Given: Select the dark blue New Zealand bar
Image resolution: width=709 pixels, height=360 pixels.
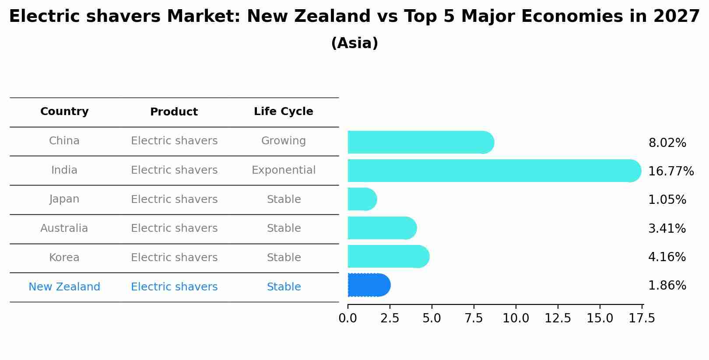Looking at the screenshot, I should point(368,285).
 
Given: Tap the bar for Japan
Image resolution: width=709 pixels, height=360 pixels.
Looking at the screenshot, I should point(362,199).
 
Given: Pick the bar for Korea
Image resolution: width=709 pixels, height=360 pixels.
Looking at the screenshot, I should point(387,257).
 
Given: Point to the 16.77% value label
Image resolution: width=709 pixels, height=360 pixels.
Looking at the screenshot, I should point(670,171).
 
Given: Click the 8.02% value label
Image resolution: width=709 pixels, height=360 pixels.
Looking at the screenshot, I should point(667,143).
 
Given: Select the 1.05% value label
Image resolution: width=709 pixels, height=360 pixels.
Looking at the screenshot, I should point(667,200).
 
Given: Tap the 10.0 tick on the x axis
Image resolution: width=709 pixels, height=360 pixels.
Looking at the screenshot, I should point(516,318).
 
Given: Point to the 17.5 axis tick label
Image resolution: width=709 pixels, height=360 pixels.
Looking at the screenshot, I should point(642,318).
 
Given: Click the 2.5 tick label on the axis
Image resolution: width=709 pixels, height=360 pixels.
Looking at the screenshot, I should point(390,318).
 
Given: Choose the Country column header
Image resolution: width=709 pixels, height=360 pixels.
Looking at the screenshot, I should point(64,112).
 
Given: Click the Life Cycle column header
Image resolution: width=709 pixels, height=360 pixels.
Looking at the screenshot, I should point(284,112).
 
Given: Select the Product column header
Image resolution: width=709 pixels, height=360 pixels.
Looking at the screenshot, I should point(174,112).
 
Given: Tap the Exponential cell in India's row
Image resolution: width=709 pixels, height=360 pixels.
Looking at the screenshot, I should point(284,170).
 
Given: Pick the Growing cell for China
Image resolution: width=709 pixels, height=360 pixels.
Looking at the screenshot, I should point(284,141).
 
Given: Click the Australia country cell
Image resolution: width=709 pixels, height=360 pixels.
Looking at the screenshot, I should point(64,228).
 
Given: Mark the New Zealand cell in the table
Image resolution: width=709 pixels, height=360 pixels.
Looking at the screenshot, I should point(64,287).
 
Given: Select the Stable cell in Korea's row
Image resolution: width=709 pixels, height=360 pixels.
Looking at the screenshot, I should point(284,258).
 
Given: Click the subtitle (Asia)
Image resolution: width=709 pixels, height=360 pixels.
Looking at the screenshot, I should point(354,43).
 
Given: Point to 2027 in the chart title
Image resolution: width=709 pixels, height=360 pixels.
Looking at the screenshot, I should point(677,17).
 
